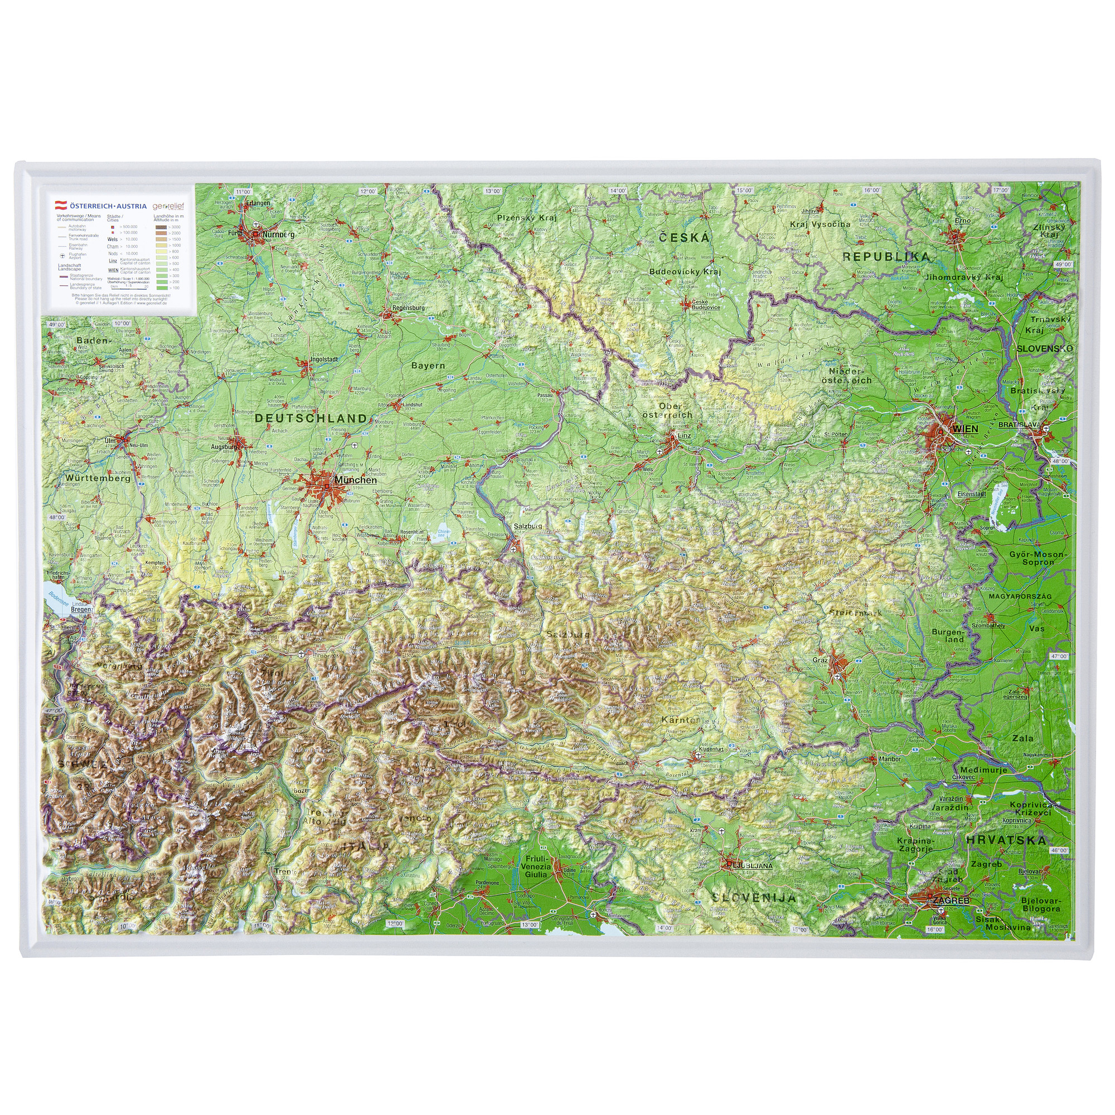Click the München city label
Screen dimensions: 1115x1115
[x=356, y=480]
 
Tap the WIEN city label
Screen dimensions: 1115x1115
[x=966, y=429]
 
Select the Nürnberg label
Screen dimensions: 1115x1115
[x=278, y=235]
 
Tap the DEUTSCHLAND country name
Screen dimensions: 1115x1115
[x=311, y=419]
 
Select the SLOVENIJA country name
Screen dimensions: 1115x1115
[x=754, y=898]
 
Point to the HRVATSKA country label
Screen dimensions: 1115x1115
[x=1006, y=840]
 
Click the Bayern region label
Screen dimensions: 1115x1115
[x=428, y=365]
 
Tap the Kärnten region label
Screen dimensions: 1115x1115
[x=680, y=720]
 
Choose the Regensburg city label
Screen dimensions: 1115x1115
[x=408, y=308]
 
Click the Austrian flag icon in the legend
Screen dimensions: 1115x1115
[x=60, y=205]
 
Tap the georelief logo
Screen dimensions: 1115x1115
[x=168, y=206]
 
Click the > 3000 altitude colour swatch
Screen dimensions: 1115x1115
[x=161, y=227]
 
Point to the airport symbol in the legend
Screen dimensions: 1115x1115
[x=62, y=255]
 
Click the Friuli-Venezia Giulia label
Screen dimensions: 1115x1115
[x=536, y=866]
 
